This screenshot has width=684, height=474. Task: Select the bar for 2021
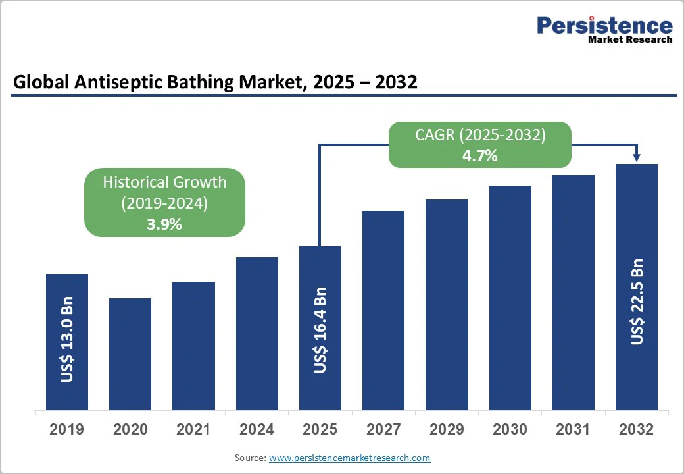click(x=193, y=346)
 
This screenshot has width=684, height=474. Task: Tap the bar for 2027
click(x=383, y=310)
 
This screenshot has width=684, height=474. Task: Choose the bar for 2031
click(x=574, y=292)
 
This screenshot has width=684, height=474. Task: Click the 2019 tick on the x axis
click(x=67, y=430)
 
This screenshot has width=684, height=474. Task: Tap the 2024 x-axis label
click(x=256, y=430)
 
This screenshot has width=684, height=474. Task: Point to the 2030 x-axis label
click(x=510, y=430)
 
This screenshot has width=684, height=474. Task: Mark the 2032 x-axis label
click(x=637, y=430)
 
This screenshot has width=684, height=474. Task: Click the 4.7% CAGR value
click(x=480, y=156)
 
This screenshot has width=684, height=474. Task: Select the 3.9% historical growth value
click(x=164, y=224)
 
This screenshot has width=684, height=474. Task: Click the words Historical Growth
click(x=164, y=182)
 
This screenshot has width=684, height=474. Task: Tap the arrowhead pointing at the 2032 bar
click(x=637, y=157)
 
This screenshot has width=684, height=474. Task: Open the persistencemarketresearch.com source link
click(x=349, y=458)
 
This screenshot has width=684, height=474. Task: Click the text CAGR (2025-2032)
click(x=480, y=135)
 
